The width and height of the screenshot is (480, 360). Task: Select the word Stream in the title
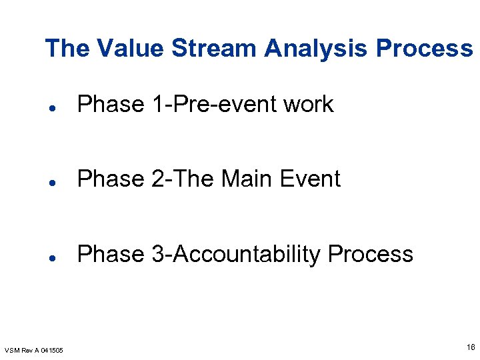(214, 49)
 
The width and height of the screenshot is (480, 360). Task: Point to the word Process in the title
(424, 49)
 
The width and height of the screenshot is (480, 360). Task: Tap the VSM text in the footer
(13, 351)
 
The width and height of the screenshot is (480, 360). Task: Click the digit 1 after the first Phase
(151, 105)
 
